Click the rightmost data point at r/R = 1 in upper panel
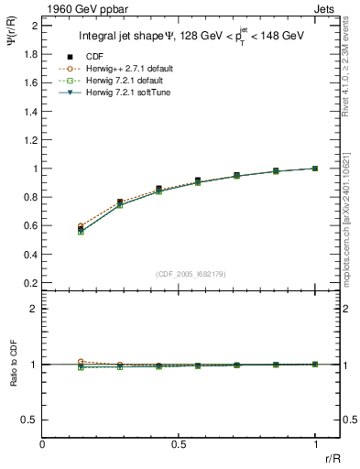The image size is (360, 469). [315, 169]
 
